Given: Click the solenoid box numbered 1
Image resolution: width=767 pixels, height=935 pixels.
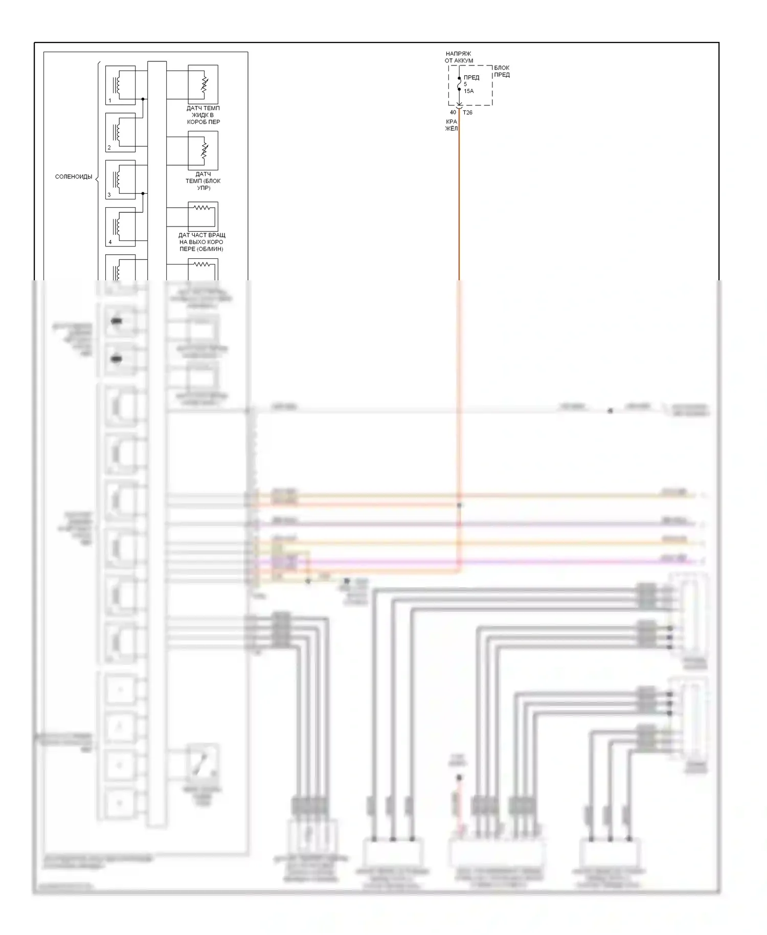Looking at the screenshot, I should (x=120, y=85).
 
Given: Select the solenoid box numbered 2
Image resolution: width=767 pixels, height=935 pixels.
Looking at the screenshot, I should (x=120, y=132).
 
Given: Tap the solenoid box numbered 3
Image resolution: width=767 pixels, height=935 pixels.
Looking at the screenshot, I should (x=120, y=179).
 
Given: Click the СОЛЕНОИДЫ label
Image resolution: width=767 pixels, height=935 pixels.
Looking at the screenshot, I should (x=74, y=177).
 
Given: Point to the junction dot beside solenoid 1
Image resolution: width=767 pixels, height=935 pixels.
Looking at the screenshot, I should (x=143, y=99).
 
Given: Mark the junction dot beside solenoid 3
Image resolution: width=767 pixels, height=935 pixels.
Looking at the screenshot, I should (x=143, y=194).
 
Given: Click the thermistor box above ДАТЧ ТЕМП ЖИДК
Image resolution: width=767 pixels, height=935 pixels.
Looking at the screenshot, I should (x=203, y=84).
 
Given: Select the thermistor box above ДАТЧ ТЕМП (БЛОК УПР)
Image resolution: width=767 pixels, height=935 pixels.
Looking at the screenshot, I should (x=203, y=150).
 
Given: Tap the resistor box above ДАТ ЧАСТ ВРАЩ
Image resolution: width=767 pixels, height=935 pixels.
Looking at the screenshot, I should (x=203, y=216).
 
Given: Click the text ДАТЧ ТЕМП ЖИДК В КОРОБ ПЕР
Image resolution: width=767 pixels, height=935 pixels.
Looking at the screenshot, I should (x=203, y=115).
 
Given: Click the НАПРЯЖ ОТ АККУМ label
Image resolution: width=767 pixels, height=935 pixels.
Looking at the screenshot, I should (x=459, y=57).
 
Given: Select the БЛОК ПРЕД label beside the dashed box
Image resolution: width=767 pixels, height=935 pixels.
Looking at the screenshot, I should (x=502, y=71).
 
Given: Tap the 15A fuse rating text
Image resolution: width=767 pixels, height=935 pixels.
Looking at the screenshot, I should (x=469, y=91).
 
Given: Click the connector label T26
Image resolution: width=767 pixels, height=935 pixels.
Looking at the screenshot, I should (x=468, y=113).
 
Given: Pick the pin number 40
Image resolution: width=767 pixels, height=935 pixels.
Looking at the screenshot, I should (x=453, y=113).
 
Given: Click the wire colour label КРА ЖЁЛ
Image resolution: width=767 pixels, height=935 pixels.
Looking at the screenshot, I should (x=452, y=125).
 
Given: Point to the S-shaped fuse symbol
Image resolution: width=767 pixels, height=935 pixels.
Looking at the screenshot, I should (x=459, y=84).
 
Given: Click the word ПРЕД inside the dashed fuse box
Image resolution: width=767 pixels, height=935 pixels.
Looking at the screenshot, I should (x=471, y=78).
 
